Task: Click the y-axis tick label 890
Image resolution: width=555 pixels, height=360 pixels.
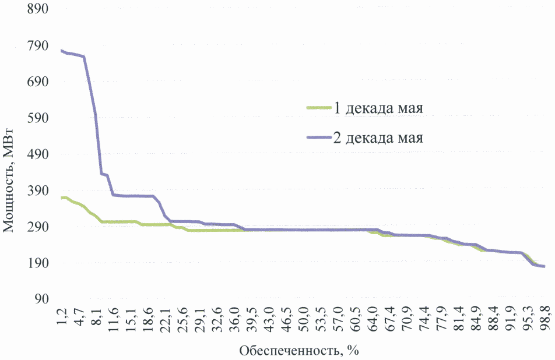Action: (x=33, y=10)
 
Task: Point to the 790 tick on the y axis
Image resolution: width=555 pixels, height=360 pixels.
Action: (x=33, y=46)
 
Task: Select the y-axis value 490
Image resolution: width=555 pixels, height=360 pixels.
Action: (x=33, y=154)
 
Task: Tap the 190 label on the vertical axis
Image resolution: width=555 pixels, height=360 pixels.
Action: (x=33, y=263)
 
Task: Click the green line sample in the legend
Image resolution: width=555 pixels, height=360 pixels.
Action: (x=318, y=108)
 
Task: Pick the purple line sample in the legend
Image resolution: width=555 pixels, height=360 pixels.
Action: (x=318, y=138)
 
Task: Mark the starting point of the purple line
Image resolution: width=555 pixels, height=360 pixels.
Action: (x=61, y=51)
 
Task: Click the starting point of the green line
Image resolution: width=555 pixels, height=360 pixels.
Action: (x=61, y=198)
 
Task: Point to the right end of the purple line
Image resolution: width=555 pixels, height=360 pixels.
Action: (x=544, y=266)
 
